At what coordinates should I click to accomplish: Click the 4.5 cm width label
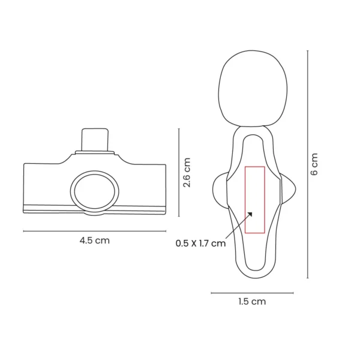coord(95,241)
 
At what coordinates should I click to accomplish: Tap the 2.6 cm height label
coord(187,172)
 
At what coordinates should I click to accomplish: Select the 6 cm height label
coord(314,164)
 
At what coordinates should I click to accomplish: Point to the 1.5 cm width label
coord(252,301)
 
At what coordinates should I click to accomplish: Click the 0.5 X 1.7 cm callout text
coord(200,244)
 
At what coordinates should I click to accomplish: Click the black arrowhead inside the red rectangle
coord(250,214)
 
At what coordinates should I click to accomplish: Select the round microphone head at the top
coord(253,88)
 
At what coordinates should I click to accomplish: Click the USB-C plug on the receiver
coord(95,140)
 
